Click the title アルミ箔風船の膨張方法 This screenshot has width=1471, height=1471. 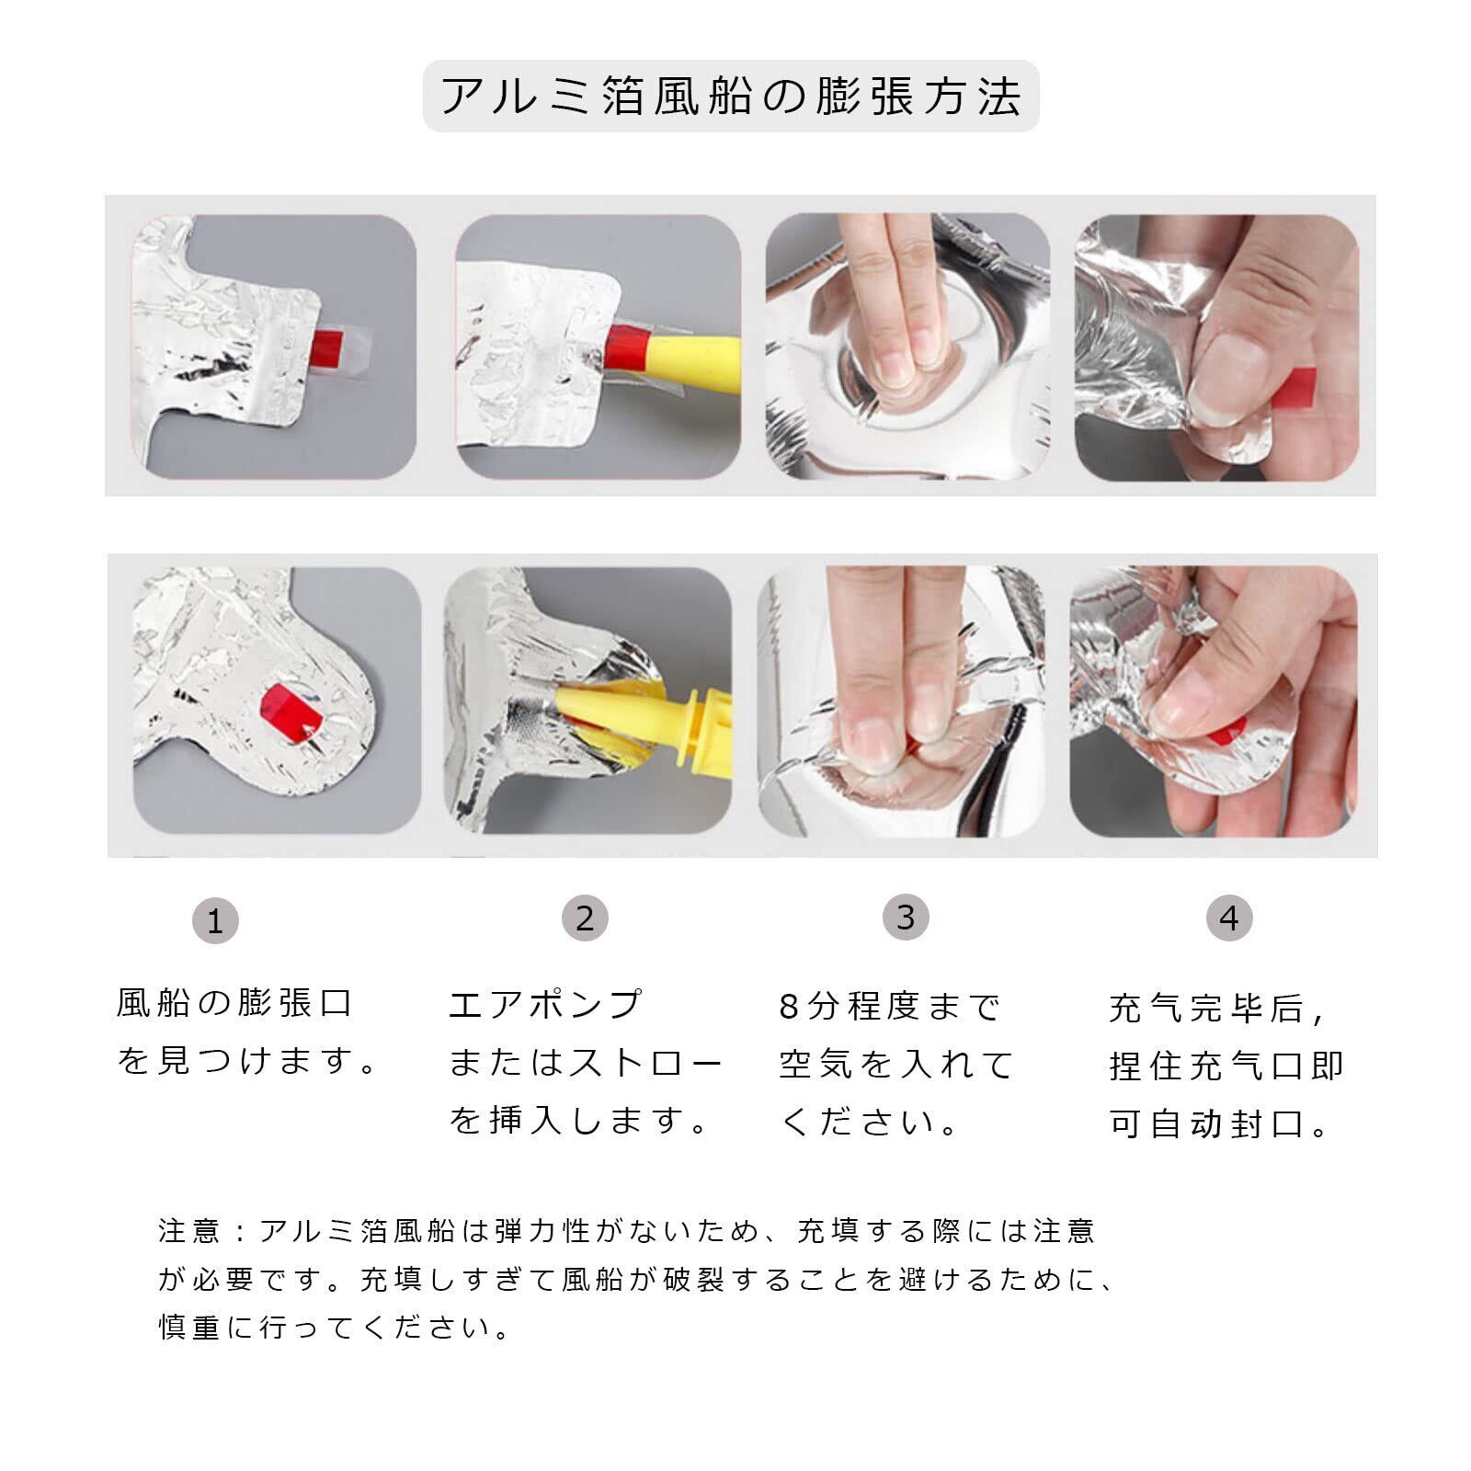(x=731, y=96)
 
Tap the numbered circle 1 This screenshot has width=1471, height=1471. (x=215, y=920)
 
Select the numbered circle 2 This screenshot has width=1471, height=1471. (x=585, y=918)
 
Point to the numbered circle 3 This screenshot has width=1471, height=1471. (x=906, y=917)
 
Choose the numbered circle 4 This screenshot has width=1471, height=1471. (x=1229, y=918)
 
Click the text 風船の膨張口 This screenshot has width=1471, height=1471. (x=235, y=1002)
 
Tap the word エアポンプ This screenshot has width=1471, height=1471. (x=545, y=1004)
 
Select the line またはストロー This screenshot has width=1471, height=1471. (x=586, y=1063)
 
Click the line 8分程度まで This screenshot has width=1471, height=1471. (x=889, y=1007)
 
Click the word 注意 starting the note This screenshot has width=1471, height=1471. (x=189, y=1230)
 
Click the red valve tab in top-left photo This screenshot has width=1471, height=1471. (x=328, y=347)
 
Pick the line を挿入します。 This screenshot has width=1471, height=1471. (x=580, y=1121)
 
